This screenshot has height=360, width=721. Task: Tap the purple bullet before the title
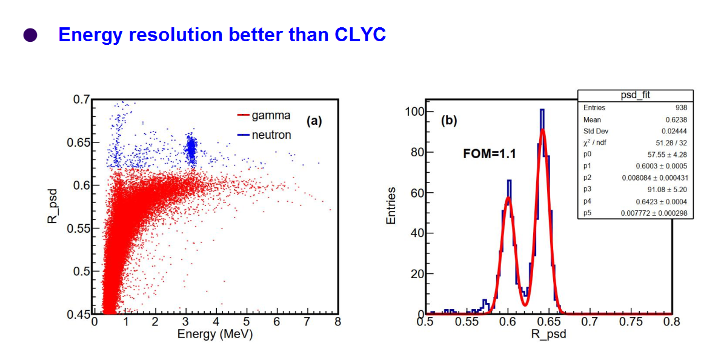pos(30,36)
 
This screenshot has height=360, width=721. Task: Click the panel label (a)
pos(314,121)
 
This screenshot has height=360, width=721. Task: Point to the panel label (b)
pos(449,121)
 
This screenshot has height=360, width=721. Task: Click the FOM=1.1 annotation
pos(489,154)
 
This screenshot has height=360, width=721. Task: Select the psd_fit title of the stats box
pos(634,95)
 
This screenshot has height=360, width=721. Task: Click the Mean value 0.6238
pos(676,119)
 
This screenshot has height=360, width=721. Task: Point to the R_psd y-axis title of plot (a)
pos(53,207)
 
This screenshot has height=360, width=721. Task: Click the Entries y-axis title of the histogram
pos(391,206)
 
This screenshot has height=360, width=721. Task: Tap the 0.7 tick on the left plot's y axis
pos(81,99)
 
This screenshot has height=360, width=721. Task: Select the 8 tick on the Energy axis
pos(337,322)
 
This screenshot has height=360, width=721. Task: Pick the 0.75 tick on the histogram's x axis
pos(630,322)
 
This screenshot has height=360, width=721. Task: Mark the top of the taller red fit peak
pos(543,130)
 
